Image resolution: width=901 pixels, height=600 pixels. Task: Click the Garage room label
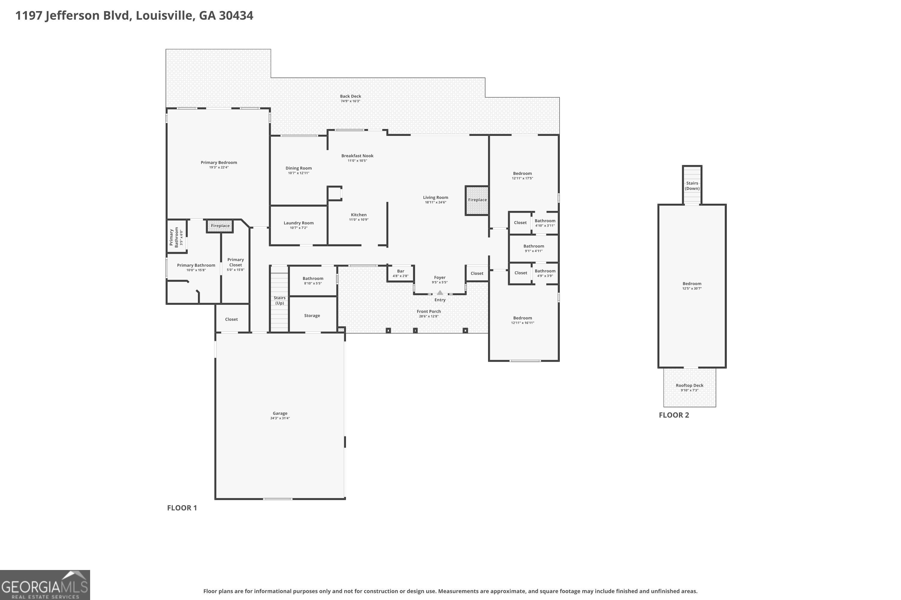pyautogui.click(x=280, y=413)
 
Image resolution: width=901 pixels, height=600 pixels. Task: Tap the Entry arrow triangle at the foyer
pyautogui.click(x=440, y=293)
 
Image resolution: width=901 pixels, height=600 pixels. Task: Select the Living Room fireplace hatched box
pyautogui.click(x=477, y=200)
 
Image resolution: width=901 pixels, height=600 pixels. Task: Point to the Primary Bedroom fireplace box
pyautogui.click(x=220, y=226)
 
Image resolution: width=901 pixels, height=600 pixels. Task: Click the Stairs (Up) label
pyautogui.click(x=280, y=300)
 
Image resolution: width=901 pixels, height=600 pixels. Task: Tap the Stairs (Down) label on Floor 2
pyautogui.click(x=692, y=186)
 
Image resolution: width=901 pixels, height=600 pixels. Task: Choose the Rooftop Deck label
pyautogui.click(x=690, y=385)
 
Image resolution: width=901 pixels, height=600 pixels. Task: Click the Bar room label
pyautogui.click(x=401, y=271)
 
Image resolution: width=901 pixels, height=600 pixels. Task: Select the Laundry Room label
pyautogui.click(x=299, y=223)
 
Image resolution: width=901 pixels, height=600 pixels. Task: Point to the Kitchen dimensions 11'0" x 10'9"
pyautogui.click(x=359, y=220)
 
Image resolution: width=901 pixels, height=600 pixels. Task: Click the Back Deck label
pyautogui.click(x=350, y=96)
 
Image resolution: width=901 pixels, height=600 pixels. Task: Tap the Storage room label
pyautogui.click(x=312, y=316)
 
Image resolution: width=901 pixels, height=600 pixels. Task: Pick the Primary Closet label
pyautogui.click(x=235, y=262)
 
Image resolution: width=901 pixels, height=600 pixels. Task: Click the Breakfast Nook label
pyautogui.click(x=357, y=156)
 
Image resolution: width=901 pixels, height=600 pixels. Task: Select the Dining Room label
pyautogui.click(x=299, y=168)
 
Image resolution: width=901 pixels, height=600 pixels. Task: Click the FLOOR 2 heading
pyautogui.click(x=674, y=415)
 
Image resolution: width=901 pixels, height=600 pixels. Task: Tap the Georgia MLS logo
pyautogui.click(x=45, y=585)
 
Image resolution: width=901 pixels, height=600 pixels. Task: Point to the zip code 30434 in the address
pyautogui.click(x=236, y=16)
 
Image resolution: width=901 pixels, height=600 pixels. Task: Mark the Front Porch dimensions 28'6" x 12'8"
pyautogui.click(x=429, y=316)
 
